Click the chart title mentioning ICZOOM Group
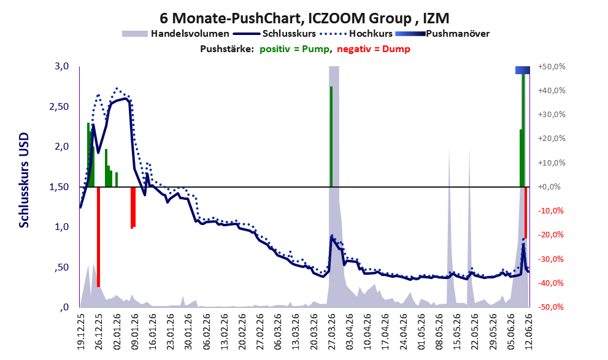(x=304, y=18)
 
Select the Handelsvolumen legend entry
(x=175, y=34)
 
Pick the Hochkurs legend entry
(x=356, y=34)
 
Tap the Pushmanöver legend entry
(x=442, y=34)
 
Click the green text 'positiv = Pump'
(x=294, y=49)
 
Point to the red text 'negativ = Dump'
(x=374, y=49)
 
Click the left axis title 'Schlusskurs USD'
(x=24, y=180)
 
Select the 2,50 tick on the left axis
(x=59, y=107)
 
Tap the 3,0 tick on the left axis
(x=61, y=66)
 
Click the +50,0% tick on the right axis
(x=552, y=67)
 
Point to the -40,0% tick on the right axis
(x=550, y=283)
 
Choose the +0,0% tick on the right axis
(x=549, y=187)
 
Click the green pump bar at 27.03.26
(x=331, y=136)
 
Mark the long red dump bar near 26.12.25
(x=99, y=237)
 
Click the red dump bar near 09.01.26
(x=133, y=208)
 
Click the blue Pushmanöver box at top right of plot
(x=522, y=70)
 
